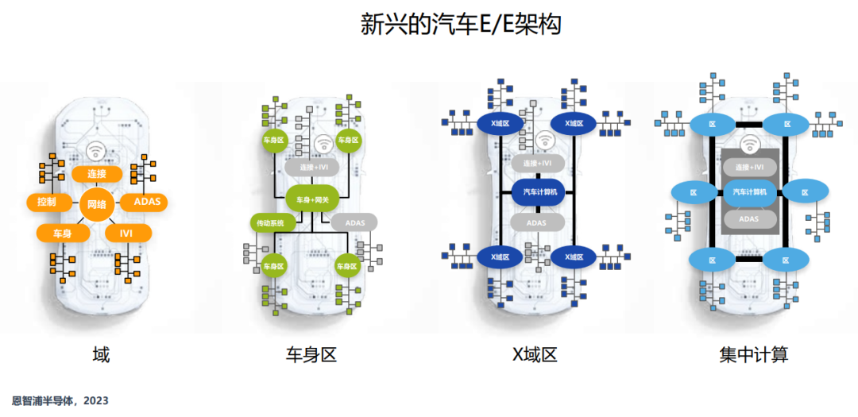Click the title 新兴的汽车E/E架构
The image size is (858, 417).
point(461,25)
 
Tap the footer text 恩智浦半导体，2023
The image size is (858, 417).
point(60,401)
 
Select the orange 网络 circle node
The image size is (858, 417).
point(96,204)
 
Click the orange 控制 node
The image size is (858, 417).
point(46,202)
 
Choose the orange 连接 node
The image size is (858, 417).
point(96,174)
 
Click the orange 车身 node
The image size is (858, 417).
point(63,233)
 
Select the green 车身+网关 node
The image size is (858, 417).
point(312,199)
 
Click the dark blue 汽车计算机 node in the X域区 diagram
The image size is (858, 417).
point(539,191)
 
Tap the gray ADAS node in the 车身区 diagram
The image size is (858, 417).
point(354,222)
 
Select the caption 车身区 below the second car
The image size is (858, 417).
point(311,354)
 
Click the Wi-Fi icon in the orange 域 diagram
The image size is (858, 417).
point(96,149)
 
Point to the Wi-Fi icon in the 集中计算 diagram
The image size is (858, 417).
point(748,145)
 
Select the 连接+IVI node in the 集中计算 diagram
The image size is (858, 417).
point(749,168)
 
